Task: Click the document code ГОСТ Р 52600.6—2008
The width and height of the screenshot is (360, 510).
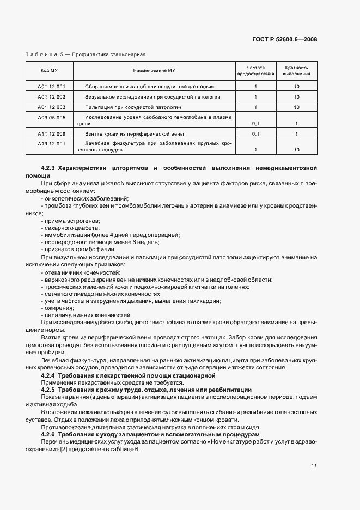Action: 292,39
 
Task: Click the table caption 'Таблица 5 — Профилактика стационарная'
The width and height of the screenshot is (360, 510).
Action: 86,54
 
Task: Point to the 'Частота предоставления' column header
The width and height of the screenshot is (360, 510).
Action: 256,71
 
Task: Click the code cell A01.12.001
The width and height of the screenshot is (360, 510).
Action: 52,87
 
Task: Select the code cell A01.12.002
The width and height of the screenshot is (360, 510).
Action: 52,97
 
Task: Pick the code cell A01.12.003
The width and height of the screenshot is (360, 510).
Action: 52,107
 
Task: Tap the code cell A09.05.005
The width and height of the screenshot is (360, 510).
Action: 52,118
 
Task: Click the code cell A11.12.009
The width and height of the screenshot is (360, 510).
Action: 52,133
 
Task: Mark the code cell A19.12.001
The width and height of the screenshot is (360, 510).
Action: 52,144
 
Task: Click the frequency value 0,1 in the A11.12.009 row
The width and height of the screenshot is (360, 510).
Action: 255,133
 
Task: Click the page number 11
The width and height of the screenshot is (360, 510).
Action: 314,465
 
